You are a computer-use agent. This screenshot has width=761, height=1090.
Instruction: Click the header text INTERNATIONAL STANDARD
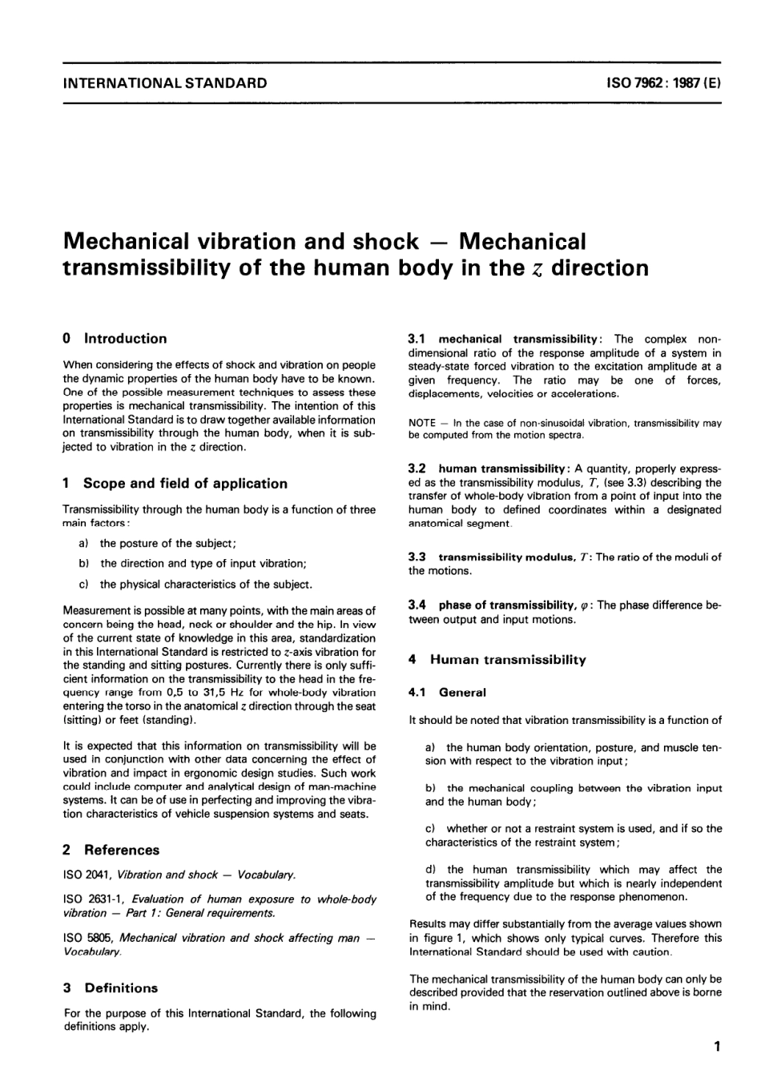coord(165,82)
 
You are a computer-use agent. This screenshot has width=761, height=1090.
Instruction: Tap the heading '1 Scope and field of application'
coord(175,484)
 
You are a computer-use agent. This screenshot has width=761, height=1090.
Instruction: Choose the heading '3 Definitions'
coord(110,988)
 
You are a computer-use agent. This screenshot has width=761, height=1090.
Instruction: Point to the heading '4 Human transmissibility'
coord(497,660)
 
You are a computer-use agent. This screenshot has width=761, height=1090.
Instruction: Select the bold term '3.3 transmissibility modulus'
coord(501,557)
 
